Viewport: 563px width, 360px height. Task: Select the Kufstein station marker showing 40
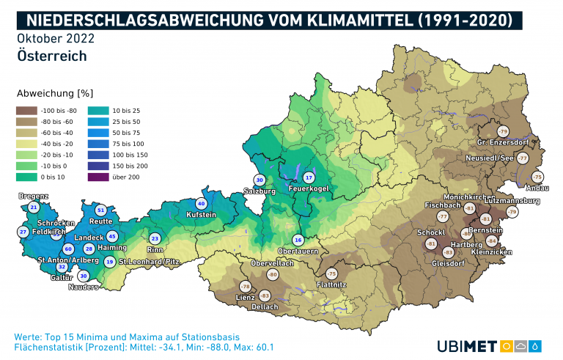point(202,203)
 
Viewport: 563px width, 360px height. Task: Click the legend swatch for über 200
point(97,175)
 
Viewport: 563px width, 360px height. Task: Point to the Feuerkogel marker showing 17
point(309,178)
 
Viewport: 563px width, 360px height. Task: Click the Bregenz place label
point(34,196)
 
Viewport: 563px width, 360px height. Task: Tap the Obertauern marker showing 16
point(298,240)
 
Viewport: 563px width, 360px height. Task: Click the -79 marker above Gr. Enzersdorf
point(502,131)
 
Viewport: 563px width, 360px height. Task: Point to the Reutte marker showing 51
point(101,210)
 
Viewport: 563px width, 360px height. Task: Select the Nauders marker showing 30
point(83,276)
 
